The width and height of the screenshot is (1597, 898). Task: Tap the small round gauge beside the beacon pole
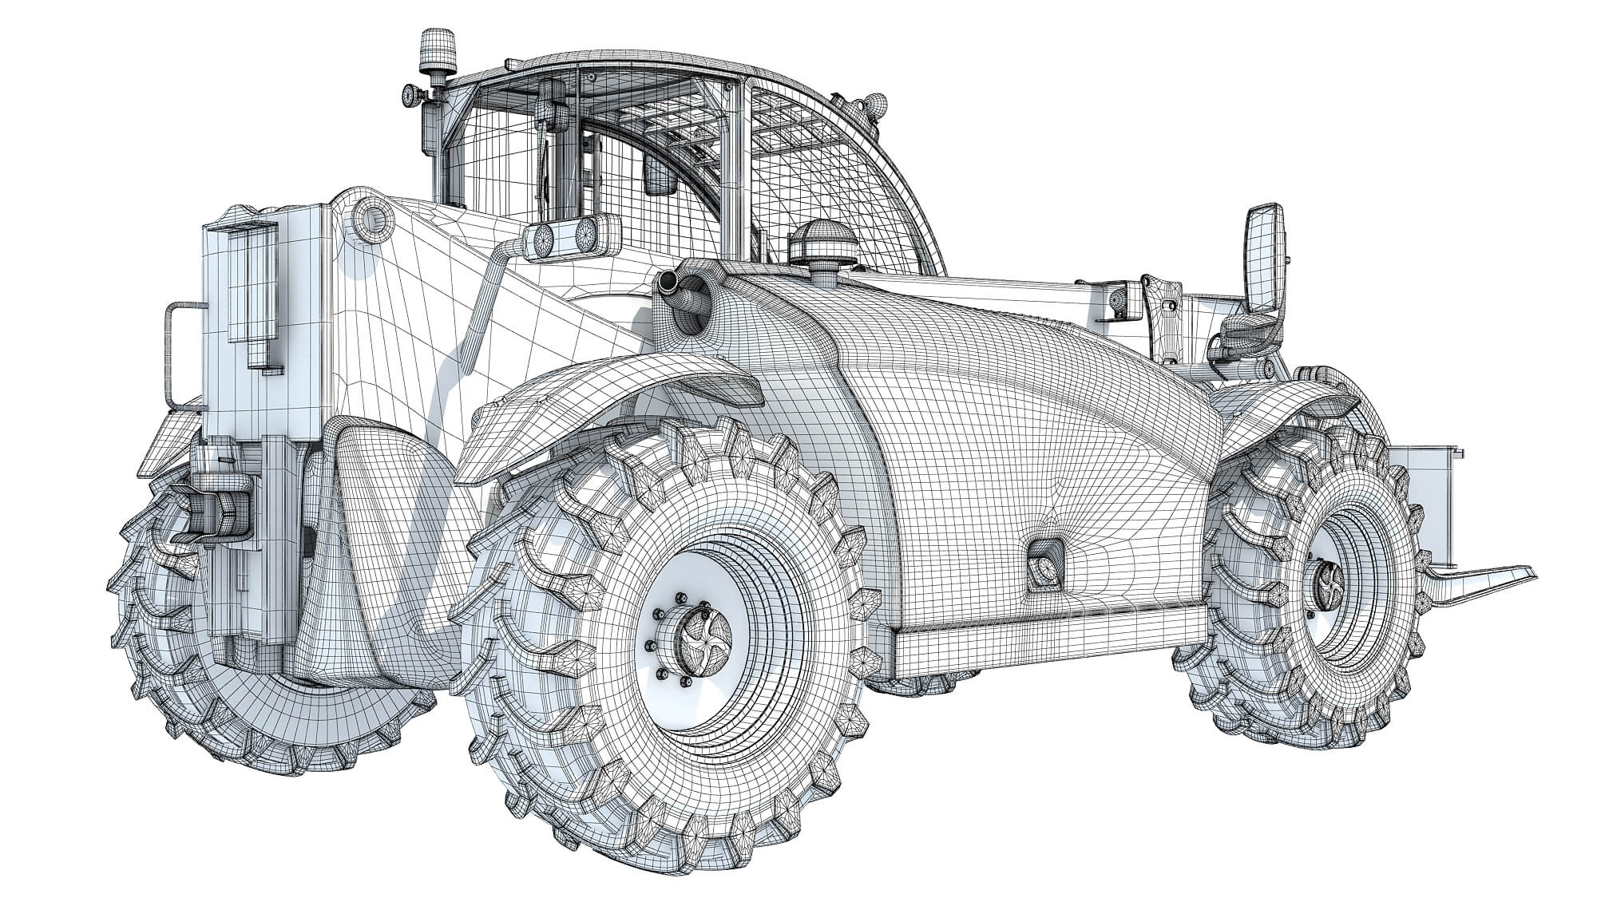(409, 95)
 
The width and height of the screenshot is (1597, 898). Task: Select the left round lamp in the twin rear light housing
(543, 237)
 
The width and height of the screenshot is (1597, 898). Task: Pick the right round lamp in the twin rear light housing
(587, 235)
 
